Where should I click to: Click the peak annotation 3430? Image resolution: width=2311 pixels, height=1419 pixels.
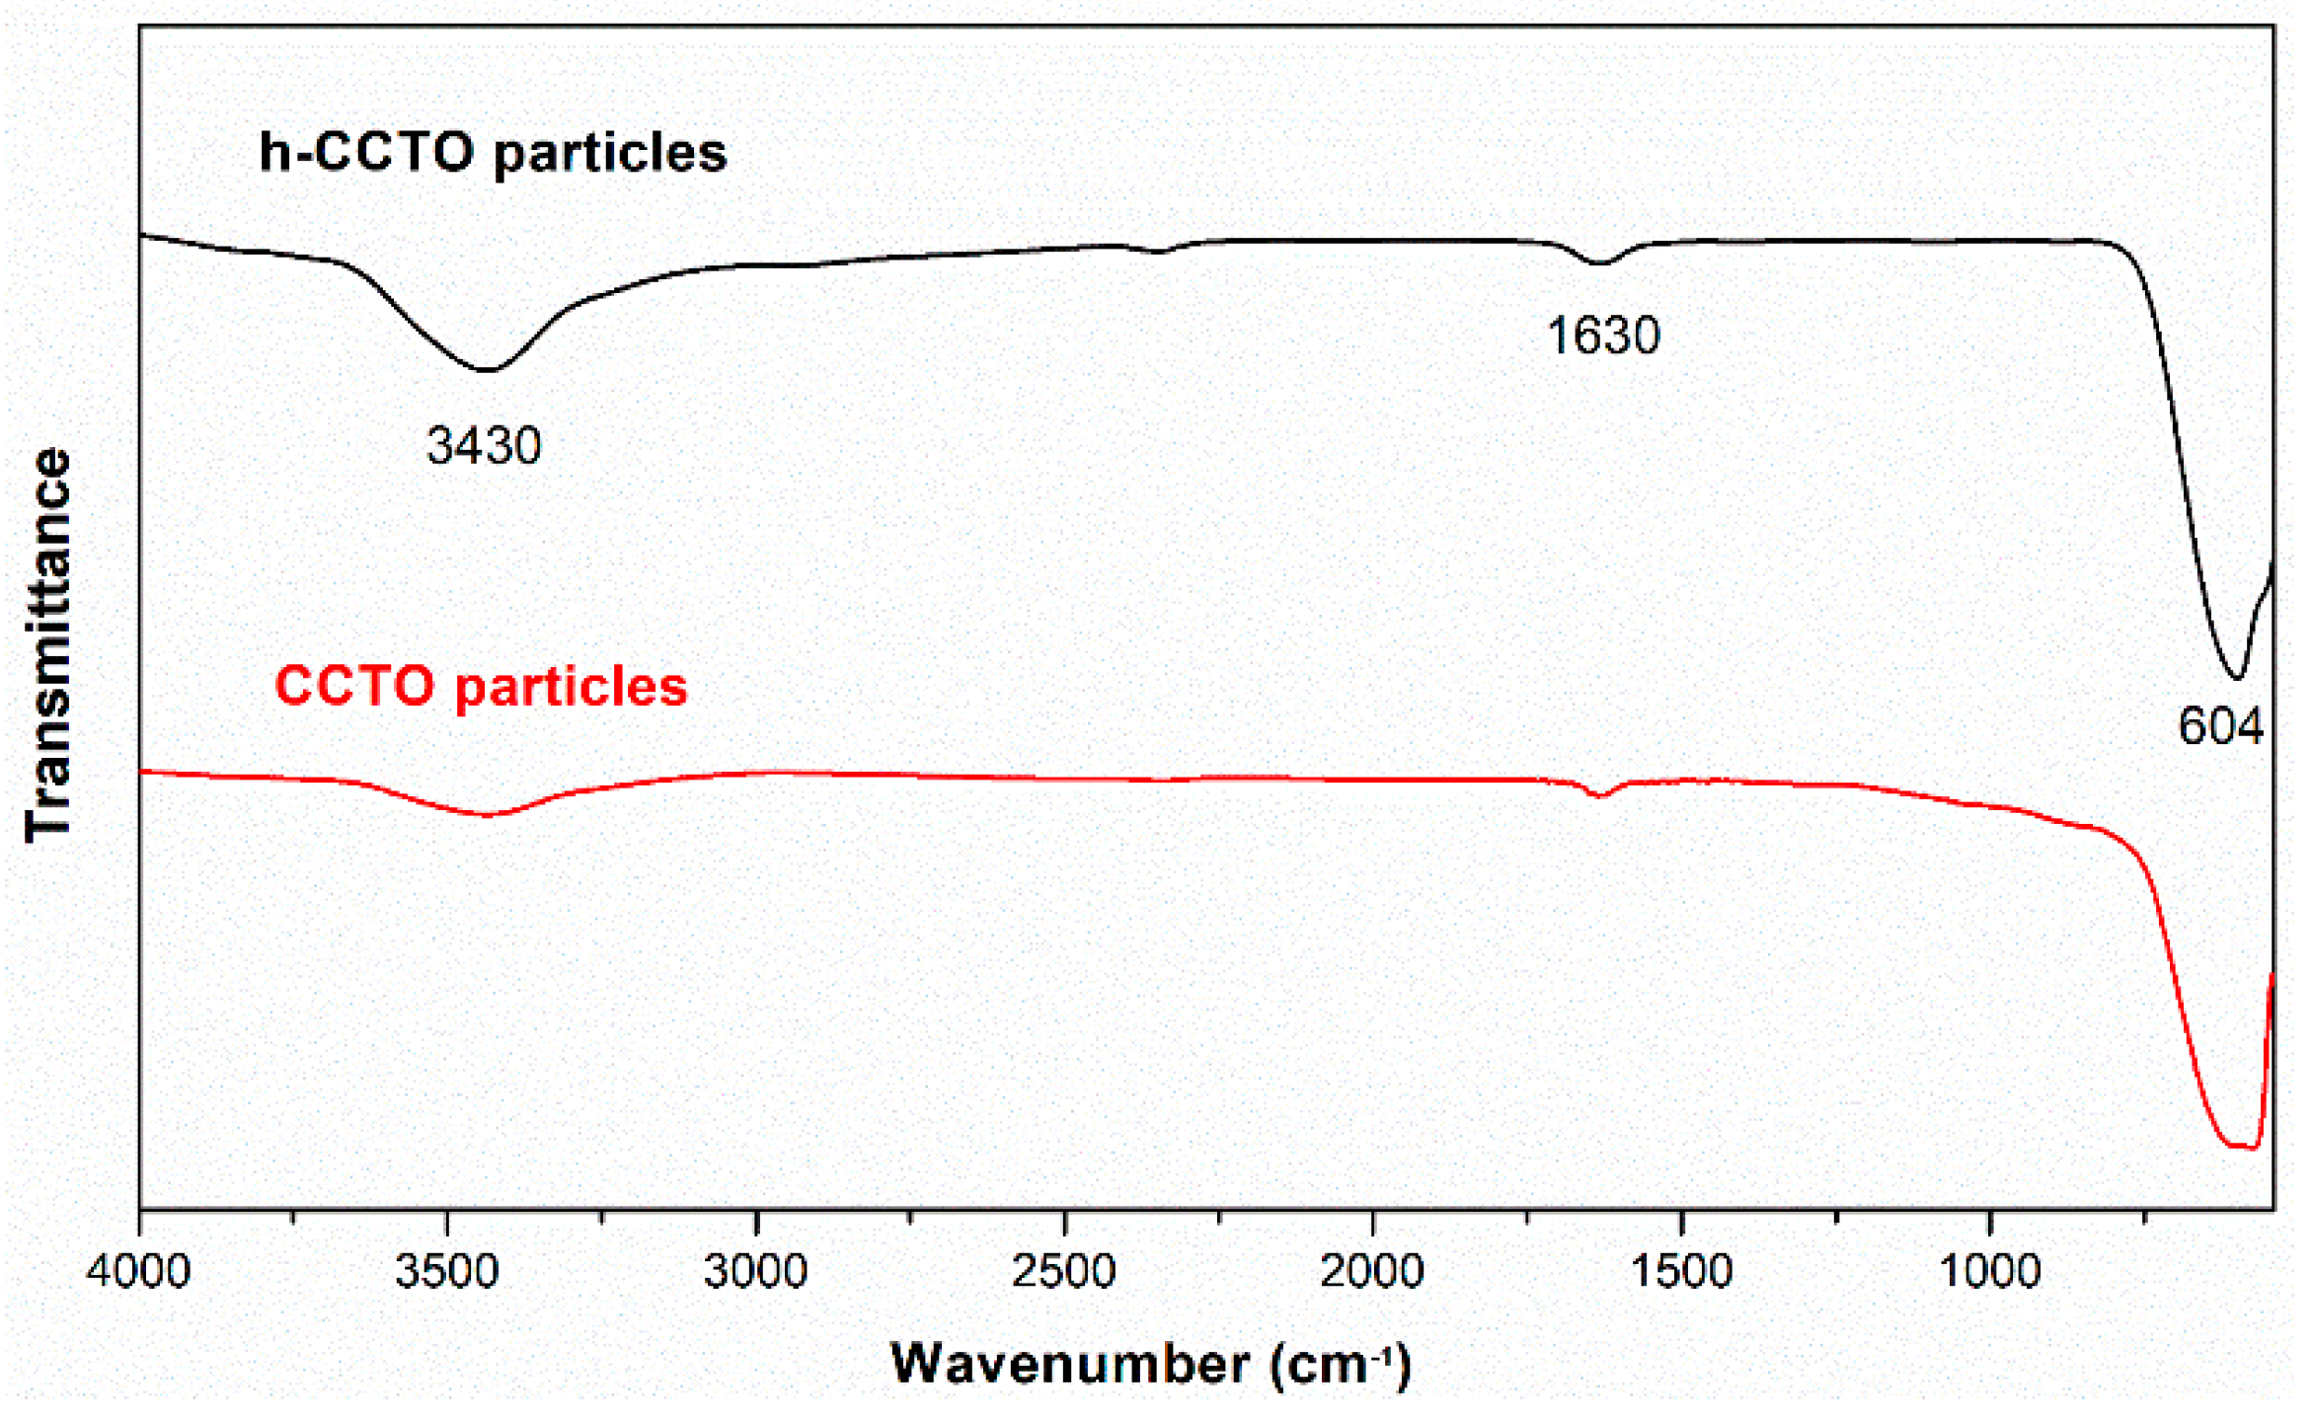pyautogui.click(x=484, y=446)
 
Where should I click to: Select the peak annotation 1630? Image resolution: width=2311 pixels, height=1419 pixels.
pyautogui.click(x=1603, y=336)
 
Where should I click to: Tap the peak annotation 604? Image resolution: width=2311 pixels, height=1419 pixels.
pyautogui.click(x=2221, y=727)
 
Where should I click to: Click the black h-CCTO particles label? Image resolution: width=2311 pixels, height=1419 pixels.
pyautogui.click(x=493, y=153)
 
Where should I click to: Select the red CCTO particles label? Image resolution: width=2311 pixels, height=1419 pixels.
pyautogui.click(x=481, y=686)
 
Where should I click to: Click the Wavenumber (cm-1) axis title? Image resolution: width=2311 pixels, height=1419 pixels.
pyautogui.click(x=1151, y=1365)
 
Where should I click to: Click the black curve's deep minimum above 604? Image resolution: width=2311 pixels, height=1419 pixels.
pyautogui.click(x=2238, y=678)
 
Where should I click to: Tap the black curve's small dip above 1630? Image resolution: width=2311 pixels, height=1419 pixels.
pyautogui.click(x=1600, y=263)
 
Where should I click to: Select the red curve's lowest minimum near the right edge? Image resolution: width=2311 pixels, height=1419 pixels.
pyautogui.click(x=2243, y=1147)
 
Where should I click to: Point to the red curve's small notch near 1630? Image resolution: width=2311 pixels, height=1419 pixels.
pyautogui.click(x=1601, y=795)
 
